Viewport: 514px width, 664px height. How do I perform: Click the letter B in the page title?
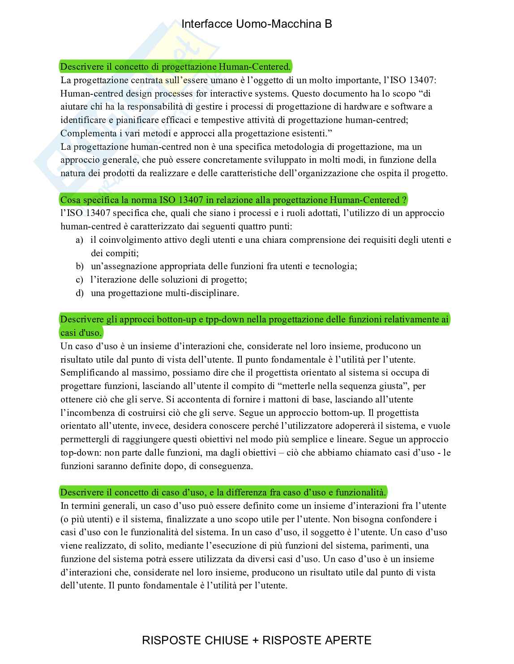328,24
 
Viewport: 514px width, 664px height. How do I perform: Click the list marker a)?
79,240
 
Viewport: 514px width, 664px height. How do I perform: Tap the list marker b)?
80,266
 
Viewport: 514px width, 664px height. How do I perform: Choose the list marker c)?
79,280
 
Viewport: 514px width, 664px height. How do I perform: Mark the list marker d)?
80,293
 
